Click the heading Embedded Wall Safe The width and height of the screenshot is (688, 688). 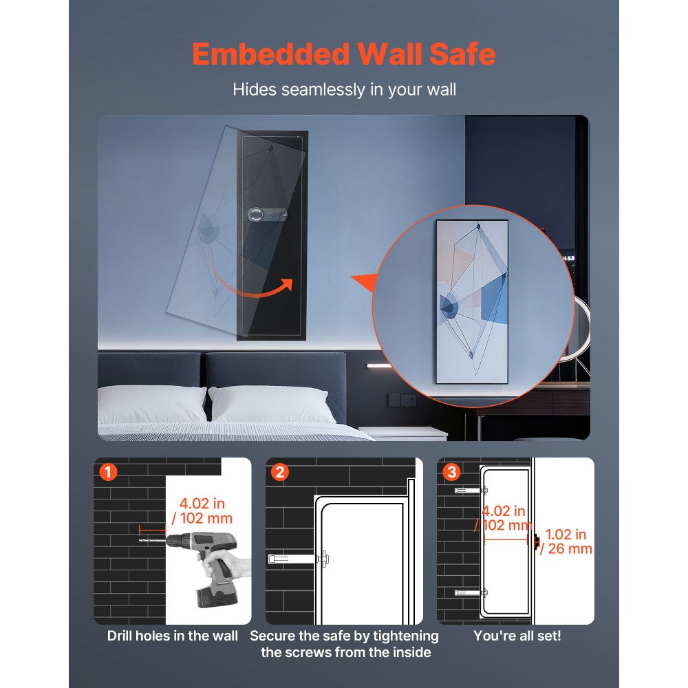pyautogui.click(x=343, y=54)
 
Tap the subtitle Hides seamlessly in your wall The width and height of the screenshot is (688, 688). pyautogui.click(x=344, y=89)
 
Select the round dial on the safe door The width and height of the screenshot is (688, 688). pyautogui.click(x=256, y=215)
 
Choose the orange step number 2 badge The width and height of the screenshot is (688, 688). pyautogui.click(x=279, y=472)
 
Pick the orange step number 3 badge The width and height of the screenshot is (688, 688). pyautogui.click(x=451, y=472)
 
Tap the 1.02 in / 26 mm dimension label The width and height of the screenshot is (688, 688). pyautogui.click(x=566, y=541)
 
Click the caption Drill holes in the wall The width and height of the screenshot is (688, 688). pyautogui.click(x=172, y=636)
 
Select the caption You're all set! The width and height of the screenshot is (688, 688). pyautogui.click(x=517, y=636)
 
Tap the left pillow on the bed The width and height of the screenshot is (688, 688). pyautogui.click(x=151, y=405)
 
